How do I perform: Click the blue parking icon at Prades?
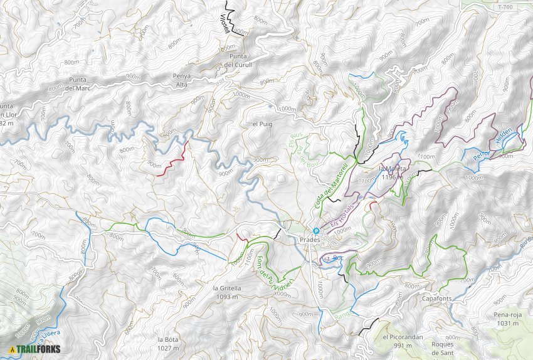pyautogui.click(x=316, y=231)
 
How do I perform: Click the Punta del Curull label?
pyautogui.click(x=238, y=60)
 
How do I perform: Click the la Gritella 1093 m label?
pyautogui.click(x=215, y=292)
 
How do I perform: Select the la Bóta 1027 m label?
pyautogui.click(x=169, y=343)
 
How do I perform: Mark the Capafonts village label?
pyautogui.click(x=438, y=299)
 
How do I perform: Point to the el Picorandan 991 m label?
pyautogui.click(x=403, y=341)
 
